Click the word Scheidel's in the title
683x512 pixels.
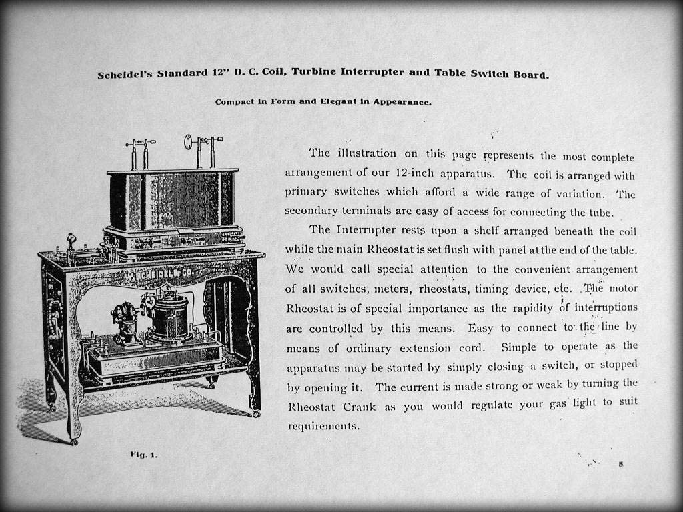(x=126, y=75)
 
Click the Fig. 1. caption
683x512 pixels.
(x=143, y=455)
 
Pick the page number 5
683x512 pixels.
(x=620, y=464)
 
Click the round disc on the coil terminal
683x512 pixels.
(x=189, y=141)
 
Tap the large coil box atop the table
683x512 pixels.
(x=173, y=200)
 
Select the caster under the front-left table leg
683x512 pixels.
(x=74, y=441)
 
